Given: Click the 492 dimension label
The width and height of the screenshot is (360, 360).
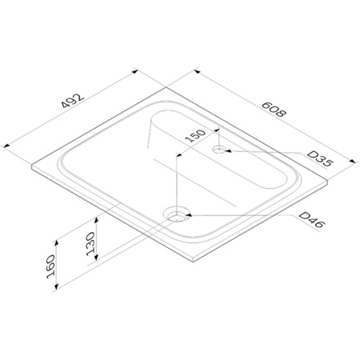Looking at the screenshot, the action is (73, 100).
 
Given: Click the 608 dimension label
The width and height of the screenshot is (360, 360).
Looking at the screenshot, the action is (274, 110).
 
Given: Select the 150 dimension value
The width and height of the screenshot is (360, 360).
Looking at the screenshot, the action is (195, 136).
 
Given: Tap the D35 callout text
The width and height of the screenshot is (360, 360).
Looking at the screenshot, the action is (320, 158).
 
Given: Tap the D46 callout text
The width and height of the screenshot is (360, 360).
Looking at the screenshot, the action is (312, 220).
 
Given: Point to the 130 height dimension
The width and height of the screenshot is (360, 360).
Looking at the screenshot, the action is (90, 244).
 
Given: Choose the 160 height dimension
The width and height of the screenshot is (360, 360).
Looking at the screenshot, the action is (50, 266).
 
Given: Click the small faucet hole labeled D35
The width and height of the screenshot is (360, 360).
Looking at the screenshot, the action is (219, 150).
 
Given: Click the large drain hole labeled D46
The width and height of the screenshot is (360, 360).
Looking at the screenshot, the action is (177, 215).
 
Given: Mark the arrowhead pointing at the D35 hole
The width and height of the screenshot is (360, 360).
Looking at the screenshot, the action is (228, 151).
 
